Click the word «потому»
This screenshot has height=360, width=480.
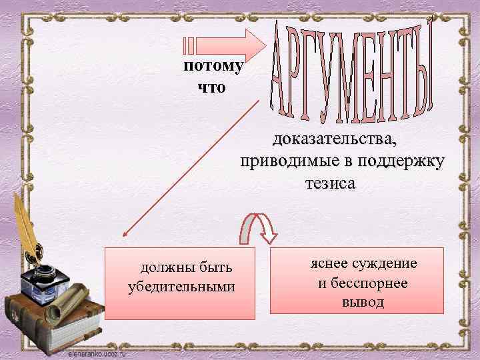point(213,67)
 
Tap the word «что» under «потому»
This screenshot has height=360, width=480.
point(213,87)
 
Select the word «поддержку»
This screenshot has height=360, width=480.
point(400,162)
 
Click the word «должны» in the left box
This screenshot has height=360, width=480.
point(164,269)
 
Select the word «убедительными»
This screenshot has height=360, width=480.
point(181,287)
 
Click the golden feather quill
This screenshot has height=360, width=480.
point(27,227)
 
